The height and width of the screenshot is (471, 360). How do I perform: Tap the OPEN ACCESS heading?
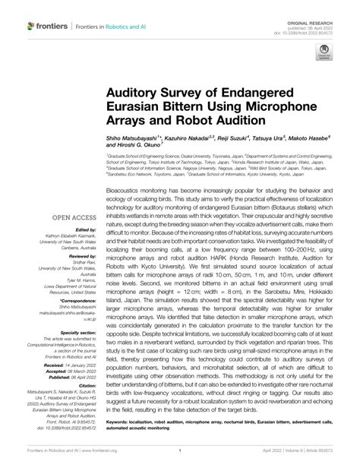tap(74, 217)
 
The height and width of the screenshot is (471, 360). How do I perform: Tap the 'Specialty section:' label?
tap(77, 332)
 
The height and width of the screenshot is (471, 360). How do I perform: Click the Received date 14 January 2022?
tap(84, 366)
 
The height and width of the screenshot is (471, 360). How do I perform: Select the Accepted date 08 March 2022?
tap(85, 372)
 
